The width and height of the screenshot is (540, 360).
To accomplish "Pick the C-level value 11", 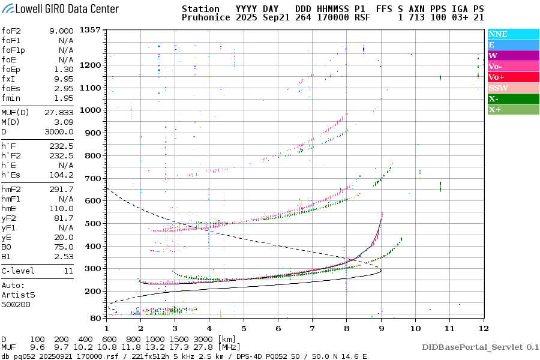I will [68, 271].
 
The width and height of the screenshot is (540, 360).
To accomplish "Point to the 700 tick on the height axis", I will [91, 178].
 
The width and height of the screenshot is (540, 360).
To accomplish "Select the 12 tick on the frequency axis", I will [483, 328].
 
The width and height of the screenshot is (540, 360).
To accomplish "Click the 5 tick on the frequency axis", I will [244, 328].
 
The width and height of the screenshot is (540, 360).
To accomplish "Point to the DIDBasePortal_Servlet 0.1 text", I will [480, 347].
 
